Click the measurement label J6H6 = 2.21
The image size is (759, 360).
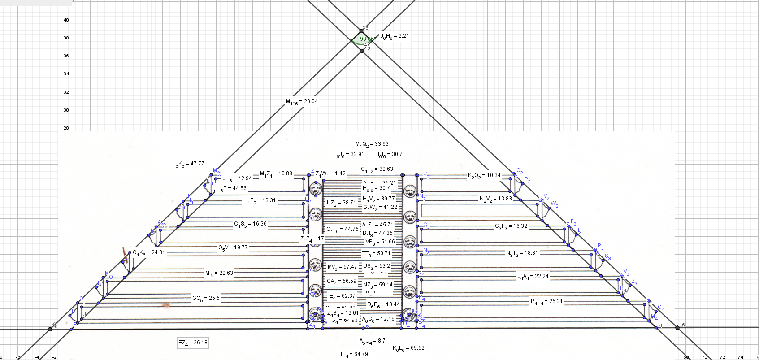[x=395, y=36]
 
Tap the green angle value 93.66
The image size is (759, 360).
[x=366, y=39]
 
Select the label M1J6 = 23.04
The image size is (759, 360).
[x=302, y=101]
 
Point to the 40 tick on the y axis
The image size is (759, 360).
[x=66, y=20]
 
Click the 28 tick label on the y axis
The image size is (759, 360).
[x=66, y=128]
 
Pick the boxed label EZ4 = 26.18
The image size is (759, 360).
[x=193, y=343]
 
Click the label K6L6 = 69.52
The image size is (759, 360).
[x=408, y=348]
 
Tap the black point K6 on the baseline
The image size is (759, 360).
[x=50, y=329]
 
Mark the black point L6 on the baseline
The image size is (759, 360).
[x=677, y=328]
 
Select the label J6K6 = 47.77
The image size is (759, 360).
[x=188, y=164]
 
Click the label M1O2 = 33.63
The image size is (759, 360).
[x=372, y=144]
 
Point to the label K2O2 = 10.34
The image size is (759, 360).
[x=484, y=175]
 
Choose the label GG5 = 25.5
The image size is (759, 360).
[x=206, y=298]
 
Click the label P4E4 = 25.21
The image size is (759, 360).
[x=546, y=301]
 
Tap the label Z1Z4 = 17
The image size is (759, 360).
[x=312, y=239]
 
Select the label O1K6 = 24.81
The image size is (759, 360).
[x=149, y=252]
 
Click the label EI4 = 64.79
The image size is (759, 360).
[x=354, y=354]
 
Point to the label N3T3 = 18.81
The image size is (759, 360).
[x=522, y=253]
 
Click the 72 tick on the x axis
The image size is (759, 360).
[x=722, y=357]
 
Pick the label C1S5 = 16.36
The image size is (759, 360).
[x=250, y=224]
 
